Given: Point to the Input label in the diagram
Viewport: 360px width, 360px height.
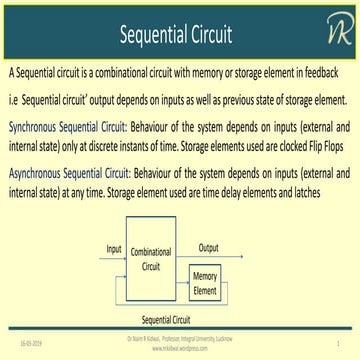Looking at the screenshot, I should coord(114,246).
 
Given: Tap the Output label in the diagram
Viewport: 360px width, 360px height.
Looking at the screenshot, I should coord(208,246).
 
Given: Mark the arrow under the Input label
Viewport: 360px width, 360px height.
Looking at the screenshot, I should coord(114,256).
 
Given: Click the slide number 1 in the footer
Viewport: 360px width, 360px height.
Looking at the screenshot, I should coord(339,342).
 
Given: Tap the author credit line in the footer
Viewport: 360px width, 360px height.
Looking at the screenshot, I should coord(180,341).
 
